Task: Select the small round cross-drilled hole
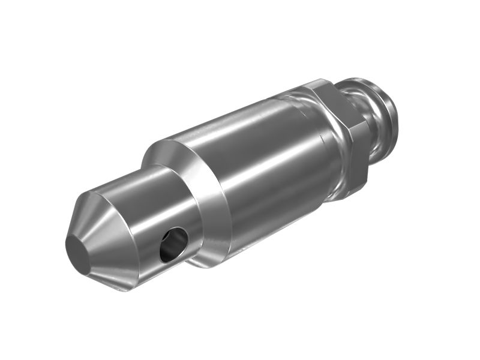click(173, 244)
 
